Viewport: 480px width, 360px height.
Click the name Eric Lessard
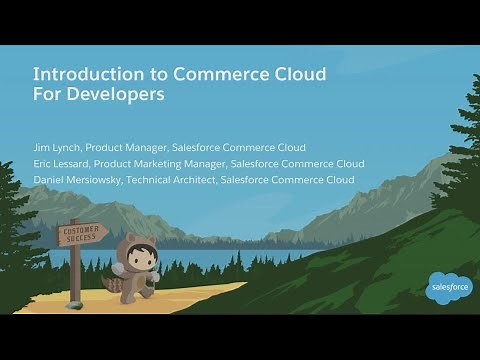click(x=60, y=163)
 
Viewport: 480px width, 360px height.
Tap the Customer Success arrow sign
click(x=82, y=235)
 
